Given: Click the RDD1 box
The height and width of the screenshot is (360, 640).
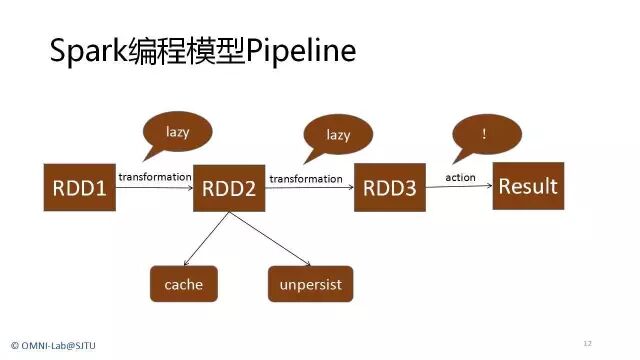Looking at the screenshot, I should click(x=80, y=186).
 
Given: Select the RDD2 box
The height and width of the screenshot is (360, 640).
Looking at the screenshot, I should click(x=230, y=187).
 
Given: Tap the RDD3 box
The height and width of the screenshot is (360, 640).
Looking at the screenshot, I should click(x=390, y=186).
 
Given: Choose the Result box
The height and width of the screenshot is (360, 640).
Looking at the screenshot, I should click(x=528, y=186).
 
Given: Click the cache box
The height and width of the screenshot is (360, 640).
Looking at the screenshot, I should click(x=183, y=284).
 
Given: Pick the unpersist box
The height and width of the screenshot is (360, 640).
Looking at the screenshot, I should click(x=311, y=284).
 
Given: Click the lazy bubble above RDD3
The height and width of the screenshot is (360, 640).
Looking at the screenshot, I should click(x=338, y=133).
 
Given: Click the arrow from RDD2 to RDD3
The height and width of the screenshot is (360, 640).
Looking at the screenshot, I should click(x=311, y=187).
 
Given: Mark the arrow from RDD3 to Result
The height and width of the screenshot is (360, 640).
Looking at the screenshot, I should click(x=460, y=186).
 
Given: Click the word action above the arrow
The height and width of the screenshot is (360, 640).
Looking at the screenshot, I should click(x=461, y=177).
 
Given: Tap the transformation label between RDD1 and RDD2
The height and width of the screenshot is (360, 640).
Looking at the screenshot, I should click(x=155, y=177).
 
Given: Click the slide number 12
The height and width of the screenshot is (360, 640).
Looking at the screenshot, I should click(x=587, y=343).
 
